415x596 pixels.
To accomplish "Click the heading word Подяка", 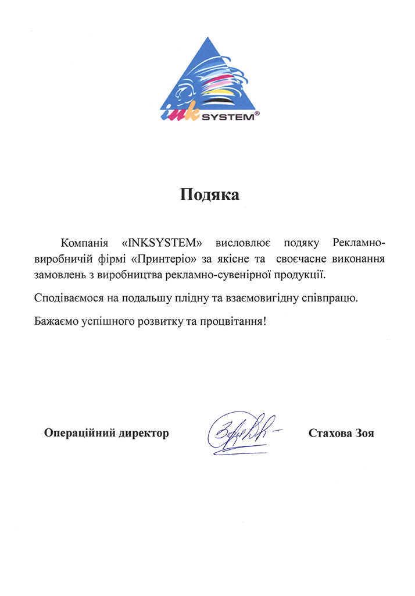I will [209, 195].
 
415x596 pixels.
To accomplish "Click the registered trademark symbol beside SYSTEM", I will [257, 115].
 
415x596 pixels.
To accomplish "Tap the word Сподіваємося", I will [69, 299].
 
